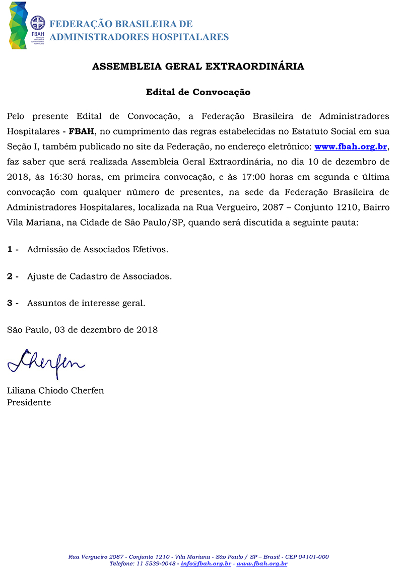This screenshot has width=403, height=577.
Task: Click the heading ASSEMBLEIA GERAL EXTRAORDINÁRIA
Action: [x=198, y=66]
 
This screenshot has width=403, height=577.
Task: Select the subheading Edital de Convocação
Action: [x=198, y=92]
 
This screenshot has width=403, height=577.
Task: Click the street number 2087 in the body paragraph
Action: [x=276, y=207]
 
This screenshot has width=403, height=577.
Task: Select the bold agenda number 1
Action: [x=10, y=249]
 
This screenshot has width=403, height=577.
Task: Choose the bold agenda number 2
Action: [x=10, y=276]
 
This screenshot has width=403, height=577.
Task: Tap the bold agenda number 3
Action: [x=10, y=303]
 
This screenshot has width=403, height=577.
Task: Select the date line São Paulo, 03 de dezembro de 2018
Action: [x=82, y=330]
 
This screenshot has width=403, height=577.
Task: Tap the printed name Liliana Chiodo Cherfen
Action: [x=55, y=391]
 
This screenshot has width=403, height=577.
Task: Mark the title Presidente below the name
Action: [x=29, y=403]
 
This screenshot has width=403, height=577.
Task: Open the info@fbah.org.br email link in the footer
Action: [x=206, y=563]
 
